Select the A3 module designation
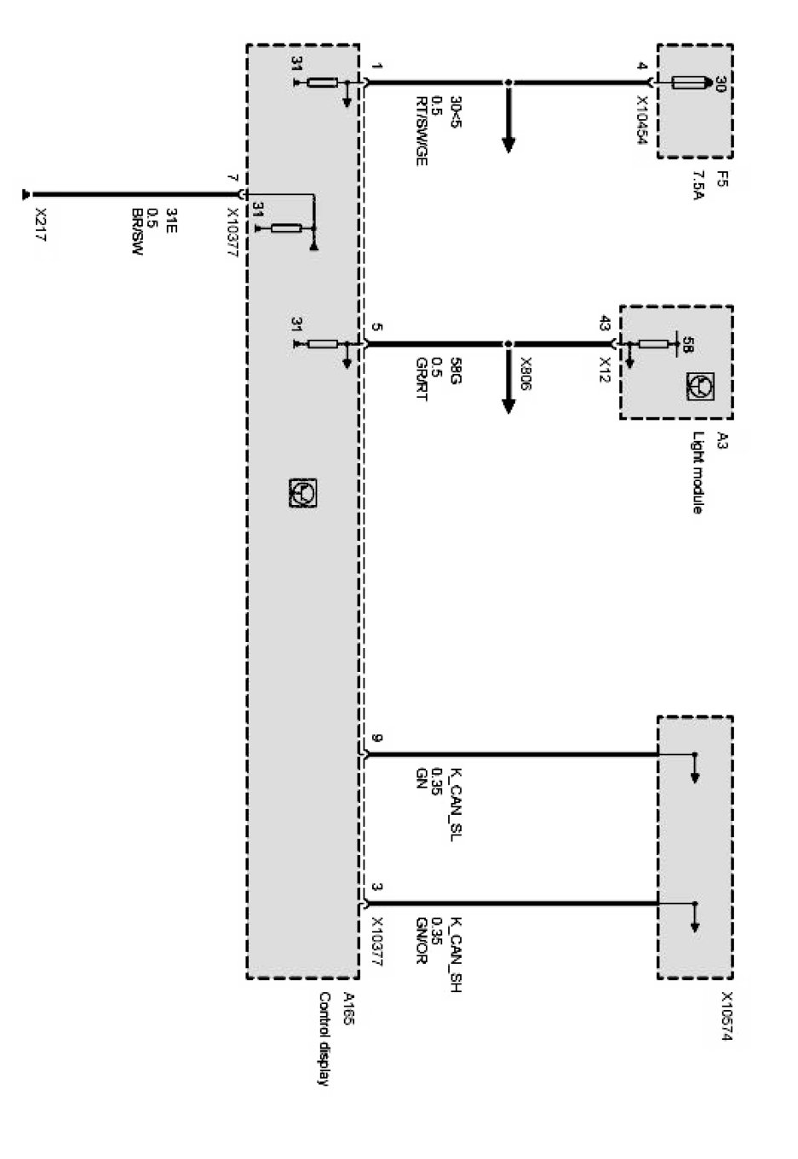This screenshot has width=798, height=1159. [721, 440]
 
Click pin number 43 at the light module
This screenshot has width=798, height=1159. [605, 324]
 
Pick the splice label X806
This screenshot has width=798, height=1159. [525, 375]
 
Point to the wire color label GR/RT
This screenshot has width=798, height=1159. [421, 382]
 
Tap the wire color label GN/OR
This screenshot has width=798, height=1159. [421, 942]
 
